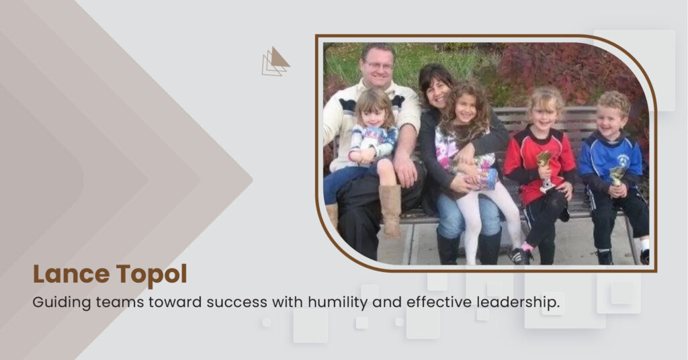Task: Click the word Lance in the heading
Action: (71, 274)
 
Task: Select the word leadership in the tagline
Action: (518, 302)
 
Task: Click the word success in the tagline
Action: (236, 302)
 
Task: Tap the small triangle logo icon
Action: (275, 61)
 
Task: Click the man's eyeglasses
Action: (378, 66)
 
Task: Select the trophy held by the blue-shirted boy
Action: (617, 175)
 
